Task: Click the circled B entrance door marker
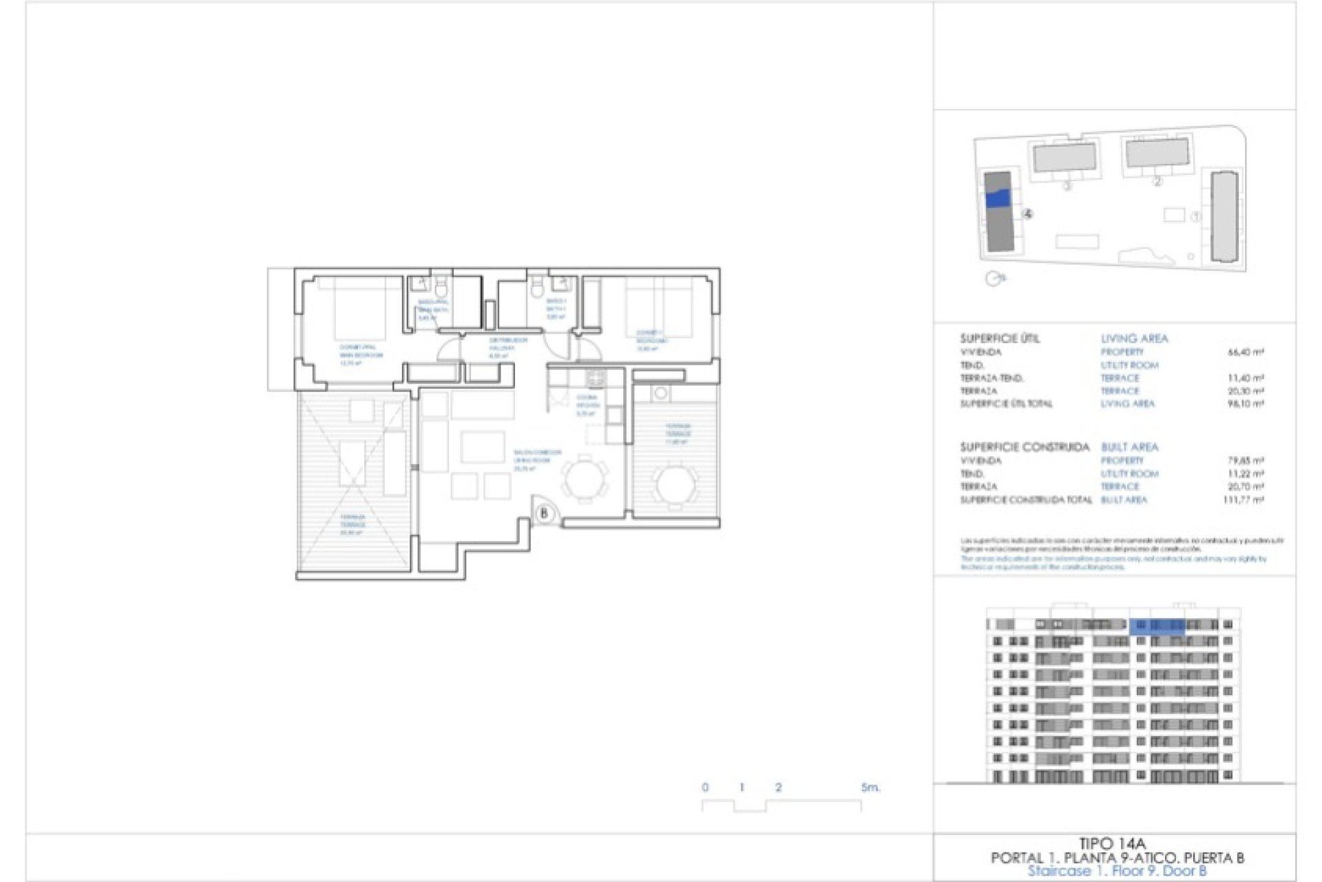[544, 513]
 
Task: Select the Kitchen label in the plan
[587, 405]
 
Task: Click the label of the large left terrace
[352, 524]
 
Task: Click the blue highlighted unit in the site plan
[998, 198]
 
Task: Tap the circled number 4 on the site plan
[1028, 214]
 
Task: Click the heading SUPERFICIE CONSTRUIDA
[1025, 447]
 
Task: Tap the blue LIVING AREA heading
[1134, 338]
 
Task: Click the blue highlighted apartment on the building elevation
[1156, 626]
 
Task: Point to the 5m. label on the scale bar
[870, 787]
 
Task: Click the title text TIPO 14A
[1111, 843]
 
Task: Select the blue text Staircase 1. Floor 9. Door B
[1117, 871]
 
